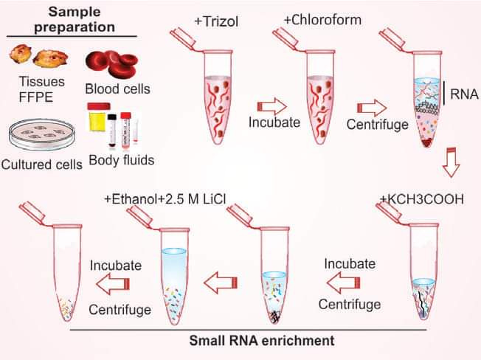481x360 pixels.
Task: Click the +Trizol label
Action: pyautogui.click(x=216, y=21)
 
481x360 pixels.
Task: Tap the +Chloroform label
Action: pyautogui.click(x=322, y=20)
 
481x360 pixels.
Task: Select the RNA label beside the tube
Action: pyautogui.click(x=464, y=94)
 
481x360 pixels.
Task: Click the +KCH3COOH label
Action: pyautogui.click(x=422, y=199)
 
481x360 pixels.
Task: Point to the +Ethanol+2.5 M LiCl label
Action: pyautogui.click(x=165, y=199)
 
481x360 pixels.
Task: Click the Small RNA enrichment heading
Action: pyautogui.click(x=262, y=340)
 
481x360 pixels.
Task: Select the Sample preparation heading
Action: pyautogui.click(x=75, y=19)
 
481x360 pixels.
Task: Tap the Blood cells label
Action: pyautogui.click(x=118, y=89)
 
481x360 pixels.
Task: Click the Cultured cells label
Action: pyautogui.click(x=42, y=165)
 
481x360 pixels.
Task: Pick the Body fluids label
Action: pyautogui.click(x=122, y=160)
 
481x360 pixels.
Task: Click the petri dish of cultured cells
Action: pyautogui.click(x=41, y=134)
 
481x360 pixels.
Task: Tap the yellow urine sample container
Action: pyautogui.click(x=99, y=117)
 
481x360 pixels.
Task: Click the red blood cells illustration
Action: pyautogui.click(x=111, y=64)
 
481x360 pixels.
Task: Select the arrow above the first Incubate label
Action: pyautogui.click(x=271, y=107)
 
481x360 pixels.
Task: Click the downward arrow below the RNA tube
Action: pyautogui.click(x=451, y=162)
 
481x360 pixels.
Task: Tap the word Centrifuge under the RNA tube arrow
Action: pyautogui.click(x=377, y=125)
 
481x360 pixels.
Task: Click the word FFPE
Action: pyautogui.click(x=36, y=97)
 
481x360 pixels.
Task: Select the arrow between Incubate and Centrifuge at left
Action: pyautogui.click(x=113, y=284)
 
